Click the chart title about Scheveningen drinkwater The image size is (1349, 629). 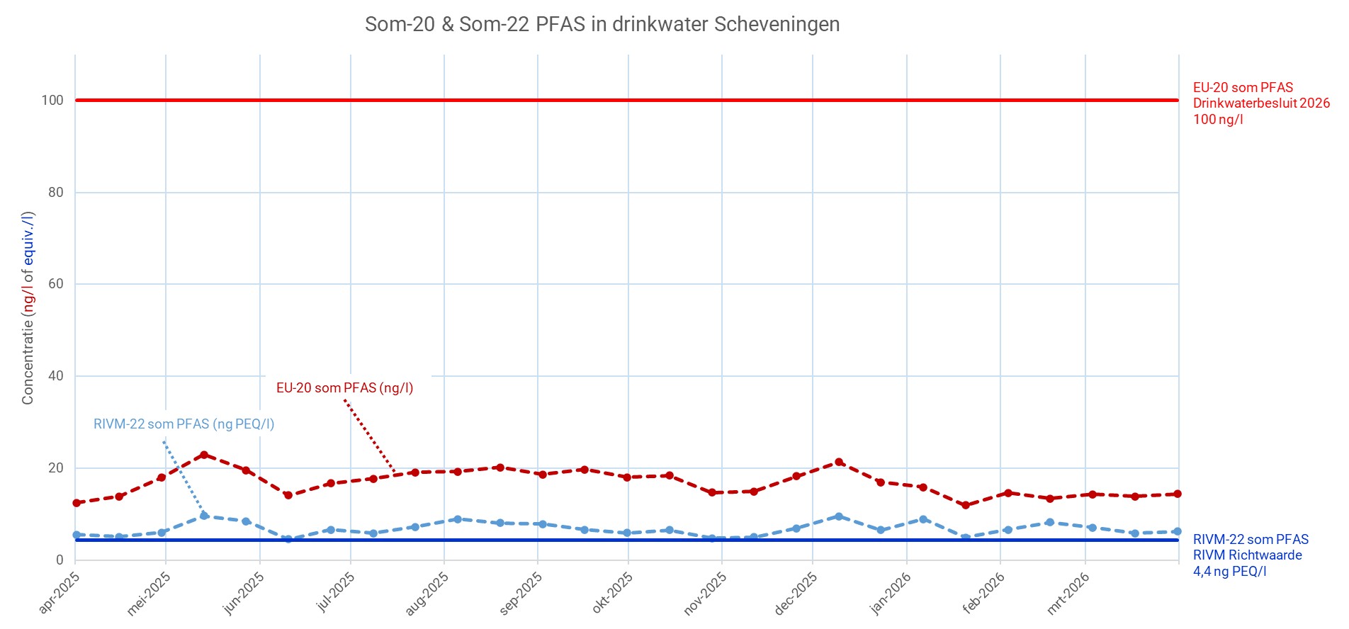(602, 24)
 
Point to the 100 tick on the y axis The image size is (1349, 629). (52, 101)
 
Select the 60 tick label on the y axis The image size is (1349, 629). (56, 284)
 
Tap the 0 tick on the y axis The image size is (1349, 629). (60, 560)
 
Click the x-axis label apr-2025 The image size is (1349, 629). (60, 592)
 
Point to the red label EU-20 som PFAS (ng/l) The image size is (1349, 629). (345, 388)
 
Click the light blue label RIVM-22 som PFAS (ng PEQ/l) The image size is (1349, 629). (184, 424)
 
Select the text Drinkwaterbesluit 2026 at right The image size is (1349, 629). (1261, 103)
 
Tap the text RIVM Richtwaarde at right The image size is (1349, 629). (1247, 555)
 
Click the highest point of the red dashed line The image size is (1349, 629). (204, 455)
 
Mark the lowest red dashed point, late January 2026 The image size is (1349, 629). (965, 505)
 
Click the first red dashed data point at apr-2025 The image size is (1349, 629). (76, 503)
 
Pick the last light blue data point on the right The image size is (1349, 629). (1178, 531)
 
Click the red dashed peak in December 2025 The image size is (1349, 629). (839, 462)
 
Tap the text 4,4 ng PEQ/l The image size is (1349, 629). (1230, 572)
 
